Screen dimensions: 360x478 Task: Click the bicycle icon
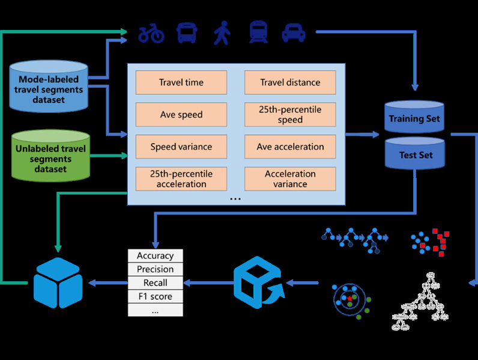[x=151, y=34]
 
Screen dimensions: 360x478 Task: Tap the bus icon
[x=187, y=32]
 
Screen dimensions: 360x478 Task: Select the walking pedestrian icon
[x=222, y=33]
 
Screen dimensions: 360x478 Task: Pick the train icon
[x=258, y=32]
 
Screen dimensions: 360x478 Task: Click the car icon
[x=294, y=33]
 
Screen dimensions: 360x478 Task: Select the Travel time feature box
[x=181, y=82]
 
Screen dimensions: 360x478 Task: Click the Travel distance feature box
[x=289, y=82]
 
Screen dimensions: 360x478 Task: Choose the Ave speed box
[x=181, y=115]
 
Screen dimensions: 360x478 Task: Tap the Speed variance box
[x=181, y=147]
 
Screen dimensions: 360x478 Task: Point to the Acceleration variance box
[x=289, y=178]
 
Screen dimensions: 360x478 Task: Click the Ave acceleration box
[x=289, y=147]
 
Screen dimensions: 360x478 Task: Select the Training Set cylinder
[x=414, y=117]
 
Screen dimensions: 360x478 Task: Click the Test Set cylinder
[x=414, y=154]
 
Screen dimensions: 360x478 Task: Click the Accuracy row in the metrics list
[x=155, y=256]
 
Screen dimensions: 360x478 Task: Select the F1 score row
[x=155, y=296]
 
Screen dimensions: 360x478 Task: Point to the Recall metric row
[x=155, y=283]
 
